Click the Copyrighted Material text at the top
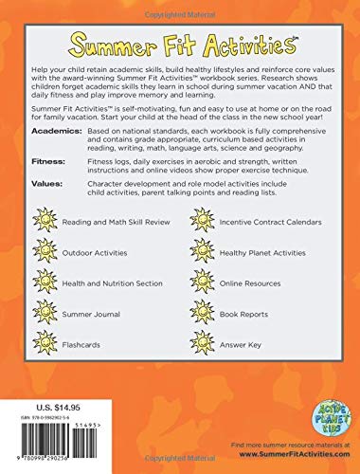(x=180, y=6)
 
